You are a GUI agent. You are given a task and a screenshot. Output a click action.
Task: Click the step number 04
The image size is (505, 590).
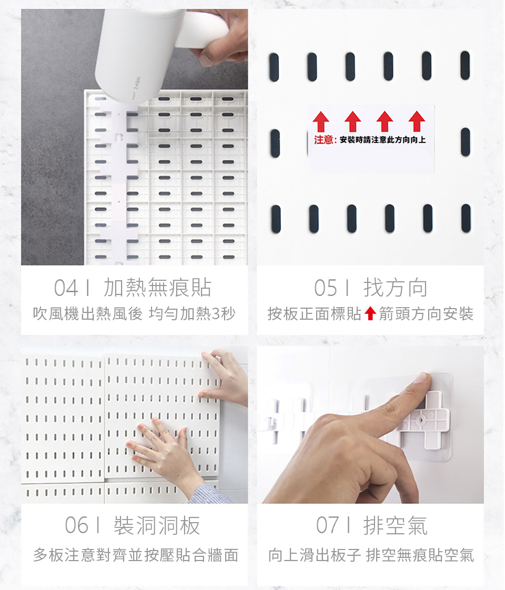[66, 288]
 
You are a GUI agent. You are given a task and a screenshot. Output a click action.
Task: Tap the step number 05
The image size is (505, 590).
[326, 288]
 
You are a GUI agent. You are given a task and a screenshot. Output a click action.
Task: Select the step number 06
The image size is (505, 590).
[76, 525]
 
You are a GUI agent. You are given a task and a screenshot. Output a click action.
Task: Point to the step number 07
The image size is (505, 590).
[327, 525]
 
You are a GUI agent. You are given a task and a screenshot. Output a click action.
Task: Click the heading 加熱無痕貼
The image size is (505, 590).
[157, 288]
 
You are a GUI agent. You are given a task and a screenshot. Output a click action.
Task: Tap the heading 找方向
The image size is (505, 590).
[396, 288]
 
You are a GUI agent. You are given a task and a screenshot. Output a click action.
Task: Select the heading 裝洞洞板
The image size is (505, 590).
[157, 525]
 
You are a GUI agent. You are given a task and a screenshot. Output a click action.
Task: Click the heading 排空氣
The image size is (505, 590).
[396, 525]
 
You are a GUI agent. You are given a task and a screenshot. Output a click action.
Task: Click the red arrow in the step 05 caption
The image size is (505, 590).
[370, 313]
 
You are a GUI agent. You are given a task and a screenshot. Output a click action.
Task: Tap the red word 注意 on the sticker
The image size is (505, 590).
[323, 140]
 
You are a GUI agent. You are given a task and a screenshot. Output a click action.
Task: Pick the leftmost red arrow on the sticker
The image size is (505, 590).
[320, 121]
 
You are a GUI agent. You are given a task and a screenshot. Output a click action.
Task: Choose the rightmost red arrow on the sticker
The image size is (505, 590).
[417, 121]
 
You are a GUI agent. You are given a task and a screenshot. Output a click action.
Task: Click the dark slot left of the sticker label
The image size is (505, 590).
[275, 143]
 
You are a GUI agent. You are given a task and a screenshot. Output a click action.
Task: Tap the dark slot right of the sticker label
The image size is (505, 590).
[466, 142]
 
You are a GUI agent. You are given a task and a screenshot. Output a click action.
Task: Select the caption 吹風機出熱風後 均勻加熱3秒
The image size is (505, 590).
[134, 313]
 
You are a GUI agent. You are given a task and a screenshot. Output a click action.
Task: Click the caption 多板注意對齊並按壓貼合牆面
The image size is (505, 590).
[136, 555]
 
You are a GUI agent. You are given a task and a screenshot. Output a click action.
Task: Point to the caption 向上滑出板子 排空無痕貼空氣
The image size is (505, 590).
[371, 555]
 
